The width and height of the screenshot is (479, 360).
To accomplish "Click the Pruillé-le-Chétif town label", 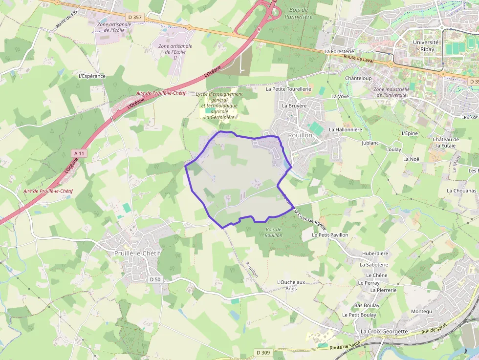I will [x=137, y=253].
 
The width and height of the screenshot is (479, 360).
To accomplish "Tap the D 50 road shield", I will [x=155, y=279].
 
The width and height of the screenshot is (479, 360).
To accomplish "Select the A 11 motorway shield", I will [x=79, y=153].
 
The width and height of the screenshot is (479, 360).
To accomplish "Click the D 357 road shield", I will [x=135, y=17].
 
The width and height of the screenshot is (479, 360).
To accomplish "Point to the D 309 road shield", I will [x=263, y=352].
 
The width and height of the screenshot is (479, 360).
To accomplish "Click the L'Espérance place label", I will [x=92, y=76].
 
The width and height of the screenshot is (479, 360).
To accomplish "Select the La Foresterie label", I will [x=339, y=51].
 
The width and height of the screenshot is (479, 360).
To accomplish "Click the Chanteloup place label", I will [x=358, y=78].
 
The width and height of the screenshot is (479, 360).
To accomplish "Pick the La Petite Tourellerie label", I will [x=288, y=89].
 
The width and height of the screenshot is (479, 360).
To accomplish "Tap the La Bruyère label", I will [x=294, y=106].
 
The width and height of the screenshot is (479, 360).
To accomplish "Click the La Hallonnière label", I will [x=346, y=129].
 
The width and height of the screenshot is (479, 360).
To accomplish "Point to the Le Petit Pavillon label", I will [x=330, y=235].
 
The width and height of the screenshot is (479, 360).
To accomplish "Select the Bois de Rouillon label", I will [x=274, y=232].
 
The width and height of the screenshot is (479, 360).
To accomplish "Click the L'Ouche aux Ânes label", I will [x=291, y=285].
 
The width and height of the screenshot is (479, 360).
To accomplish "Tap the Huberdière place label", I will [x=375, y=254].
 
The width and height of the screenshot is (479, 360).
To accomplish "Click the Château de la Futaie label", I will [x=445, y=142].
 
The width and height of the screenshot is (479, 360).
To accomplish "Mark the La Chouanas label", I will [x=461, y=191].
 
